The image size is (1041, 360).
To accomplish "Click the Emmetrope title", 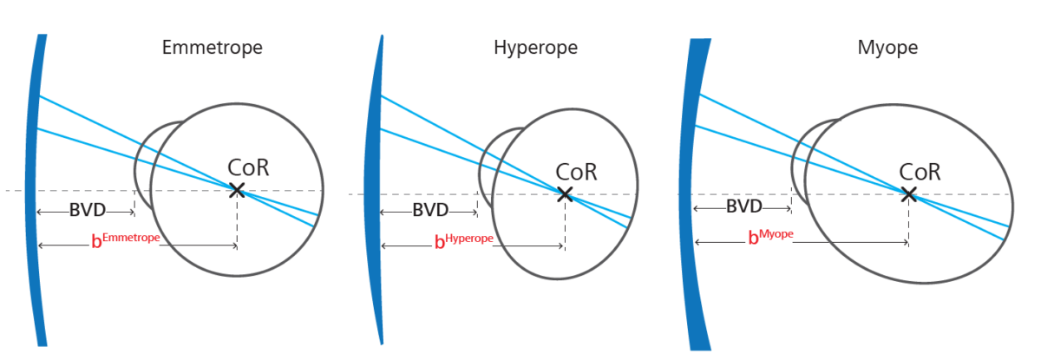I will pyautogui.click(x=212, y=48).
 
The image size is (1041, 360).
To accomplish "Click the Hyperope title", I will pyautogui.click(x=534, y=48).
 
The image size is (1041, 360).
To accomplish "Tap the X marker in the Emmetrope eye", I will pyautogui.click(x=237, y=190).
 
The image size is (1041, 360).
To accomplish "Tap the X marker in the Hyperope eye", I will pyautogui.click(x=564, y=194).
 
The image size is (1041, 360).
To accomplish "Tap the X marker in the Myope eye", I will pyautogui.click(x=908, y=194).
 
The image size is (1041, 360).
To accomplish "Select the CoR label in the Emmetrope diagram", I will pyautogui.click(x=248, y=167).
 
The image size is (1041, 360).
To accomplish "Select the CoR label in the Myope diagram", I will pyautogui.click(x=920, y=172).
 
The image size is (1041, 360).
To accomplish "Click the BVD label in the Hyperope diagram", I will pyautogui.click(x=430, y=211).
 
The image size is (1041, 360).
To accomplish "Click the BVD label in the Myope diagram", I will pyautogui.click(x=743, y=206).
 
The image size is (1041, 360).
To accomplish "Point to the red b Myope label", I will pyautogui.click(x=771, y=238).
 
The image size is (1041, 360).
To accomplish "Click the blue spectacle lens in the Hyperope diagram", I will pyautogui.click(x=376, y=191).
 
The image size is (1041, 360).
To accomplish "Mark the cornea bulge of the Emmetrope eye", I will pyautogui.click(x=143, y=165).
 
